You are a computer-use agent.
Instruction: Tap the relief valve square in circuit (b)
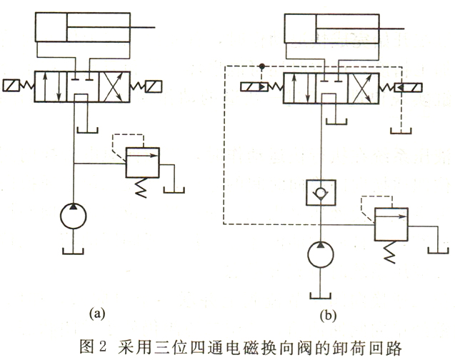(x=389, y=224)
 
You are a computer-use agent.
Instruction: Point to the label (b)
(x=329, y=313)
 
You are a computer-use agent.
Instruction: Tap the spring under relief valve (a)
(x=141, y=188)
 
